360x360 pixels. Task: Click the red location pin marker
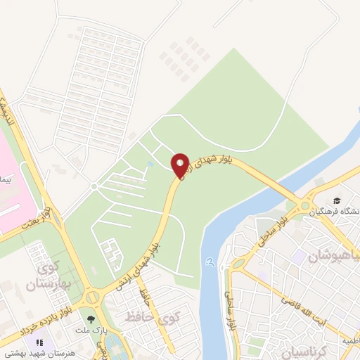click(x=180, y=165)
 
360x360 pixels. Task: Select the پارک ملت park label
click(x=90, y=330)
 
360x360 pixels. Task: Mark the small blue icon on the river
click(x=210, y=262)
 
